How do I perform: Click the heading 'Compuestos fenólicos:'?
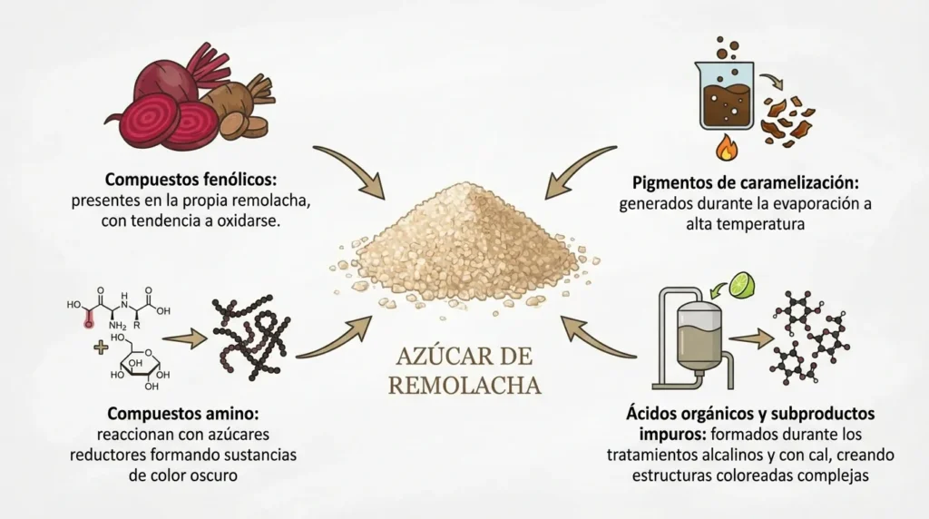pyautogui.click(x=191, y=180)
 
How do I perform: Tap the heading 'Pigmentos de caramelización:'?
pyautogui.click(x=746, y=182)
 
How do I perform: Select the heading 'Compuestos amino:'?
pyautogui.click(x=183, y=413)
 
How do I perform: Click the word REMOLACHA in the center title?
pyautogui.click(x=464, y=385)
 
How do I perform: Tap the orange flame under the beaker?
pyautogui.click(x=727, y=148)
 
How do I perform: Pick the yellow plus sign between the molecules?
pyautogui.click(x=102, y=347)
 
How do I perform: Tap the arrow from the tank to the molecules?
pyautogui.click(x=750, y=338)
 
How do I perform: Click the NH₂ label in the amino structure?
pyautogui.click(x=117, y=325)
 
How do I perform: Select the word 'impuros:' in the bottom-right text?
pyautogui.click(x=672, y=435)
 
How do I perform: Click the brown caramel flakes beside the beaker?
pyautogui.click(x=788, y=122)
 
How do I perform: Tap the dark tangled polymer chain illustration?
pyautogui.click(x=251, y=337)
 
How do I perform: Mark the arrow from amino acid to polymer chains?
pyautogui.click(x=184, y=339)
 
